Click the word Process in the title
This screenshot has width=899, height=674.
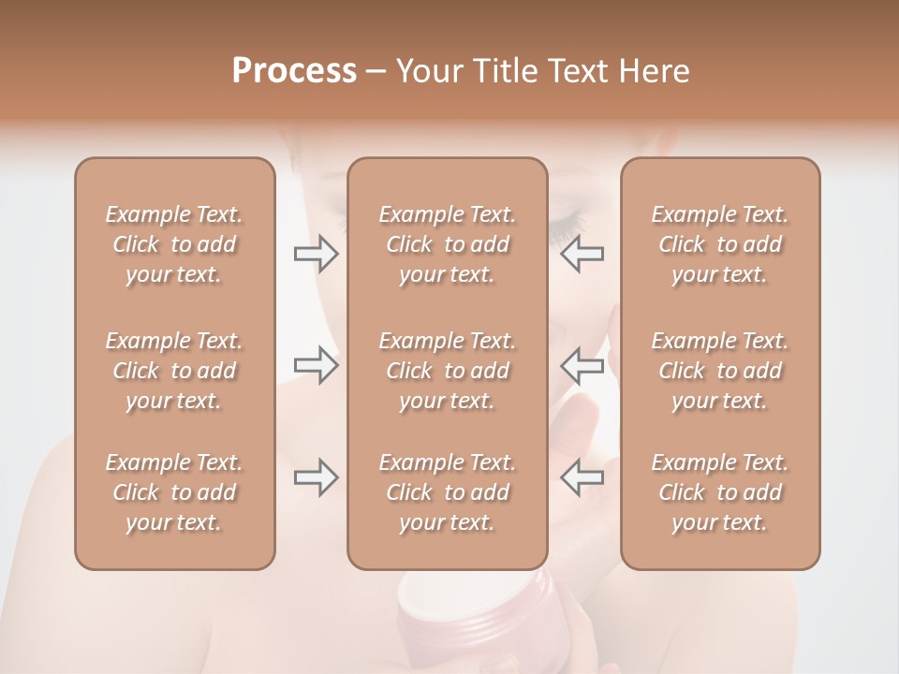(x=294, y=71)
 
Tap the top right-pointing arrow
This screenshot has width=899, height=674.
(x=317, y=254)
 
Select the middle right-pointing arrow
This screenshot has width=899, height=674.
(x=317, y=365)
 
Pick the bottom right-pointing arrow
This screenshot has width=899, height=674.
(x=317, y=477)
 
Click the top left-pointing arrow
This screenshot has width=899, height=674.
(x=582, y=254)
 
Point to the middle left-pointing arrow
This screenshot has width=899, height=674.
(x=582, y=365)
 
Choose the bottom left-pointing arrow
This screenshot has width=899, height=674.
(x=582, y=477)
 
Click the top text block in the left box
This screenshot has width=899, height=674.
(x=174, y=244)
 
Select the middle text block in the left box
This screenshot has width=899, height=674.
(x=174, y=371)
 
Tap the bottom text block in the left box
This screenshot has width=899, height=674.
(x=174, y=492)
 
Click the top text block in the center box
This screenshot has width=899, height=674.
(x=448, y=244)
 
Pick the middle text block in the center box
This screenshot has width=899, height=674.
(x=448, y=371)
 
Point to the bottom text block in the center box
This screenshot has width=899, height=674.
(x=448, y=492)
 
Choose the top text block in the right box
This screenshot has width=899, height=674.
(x=720, y=244)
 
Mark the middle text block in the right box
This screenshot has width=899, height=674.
(x=720, y=371)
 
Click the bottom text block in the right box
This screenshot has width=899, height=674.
(x=720, y=492)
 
